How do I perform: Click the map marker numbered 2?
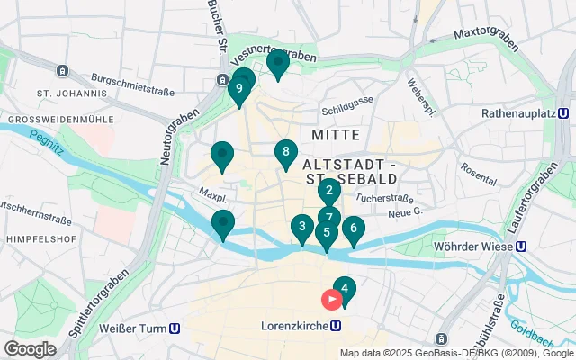click(x=329, y=190)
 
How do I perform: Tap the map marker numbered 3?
click(x=302, y=227)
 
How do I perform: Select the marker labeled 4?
click(x=345, y=288)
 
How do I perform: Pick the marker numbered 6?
click(x=354, y=229)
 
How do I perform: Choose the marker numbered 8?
click(x=285, y=152)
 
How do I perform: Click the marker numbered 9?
click(x=238, y=89)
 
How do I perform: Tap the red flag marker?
click(x=332, y=299)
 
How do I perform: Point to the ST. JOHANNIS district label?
click(x=67, y=93)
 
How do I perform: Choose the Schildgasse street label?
click(x=346, y=112)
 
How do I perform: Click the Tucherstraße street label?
click(x=383, y=196)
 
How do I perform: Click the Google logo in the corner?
click(x=30, y=348)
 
